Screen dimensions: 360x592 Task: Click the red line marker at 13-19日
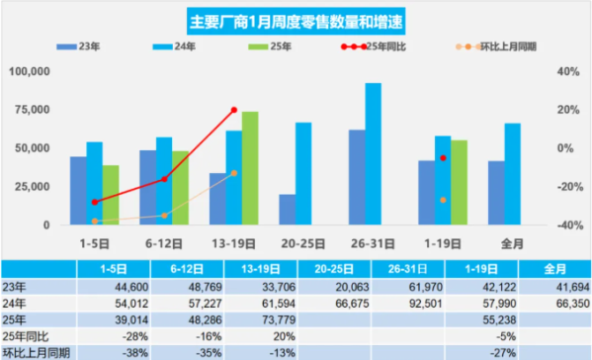(234, 110)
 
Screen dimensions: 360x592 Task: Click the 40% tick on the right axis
(565, 72)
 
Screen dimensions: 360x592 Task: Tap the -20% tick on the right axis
(564, 187)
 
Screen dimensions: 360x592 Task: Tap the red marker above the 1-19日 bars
(444, 158)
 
